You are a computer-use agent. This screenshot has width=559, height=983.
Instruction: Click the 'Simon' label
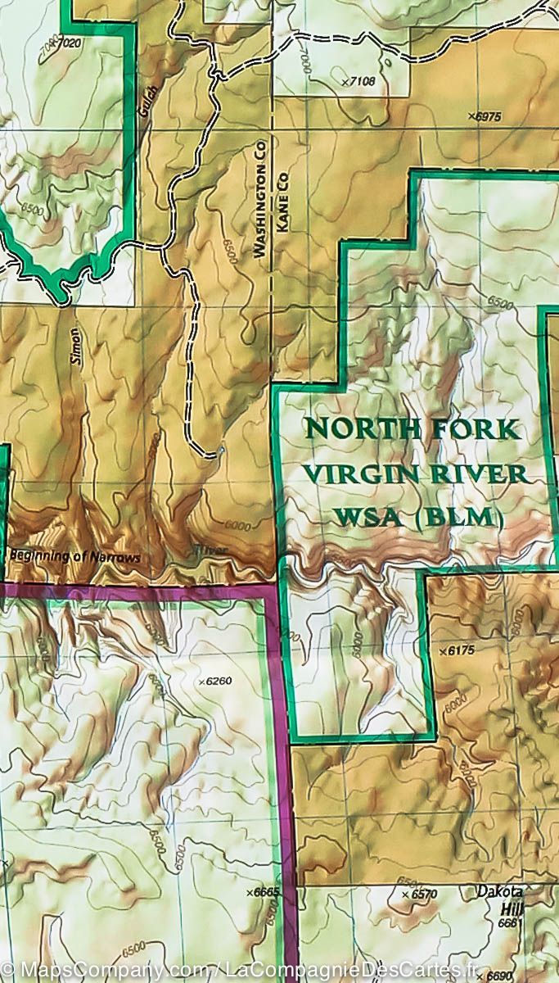75,345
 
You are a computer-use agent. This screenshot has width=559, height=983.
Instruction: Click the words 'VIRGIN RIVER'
414,474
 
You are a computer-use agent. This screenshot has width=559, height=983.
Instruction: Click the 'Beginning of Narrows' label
75,557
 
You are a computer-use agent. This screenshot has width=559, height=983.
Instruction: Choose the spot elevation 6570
420,895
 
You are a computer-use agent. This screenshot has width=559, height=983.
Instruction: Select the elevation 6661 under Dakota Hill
509,923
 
